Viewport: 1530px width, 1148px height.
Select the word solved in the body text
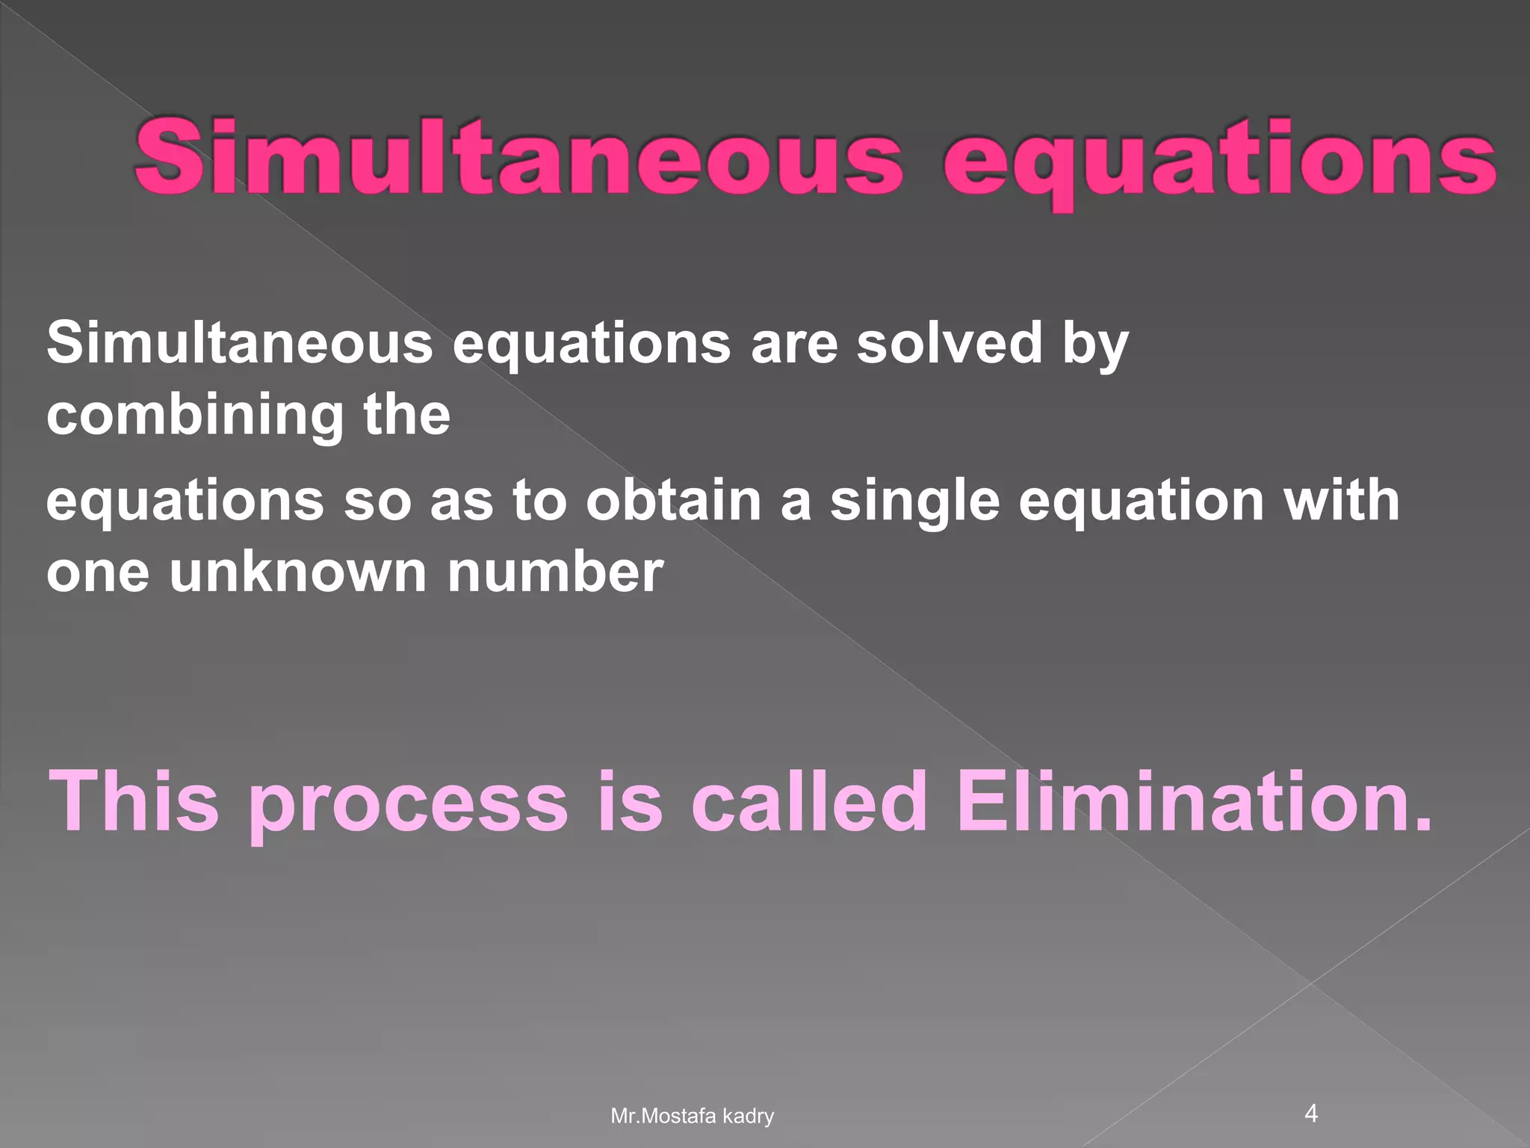[x=949, y=343]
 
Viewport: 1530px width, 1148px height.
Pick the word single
[x=914, y=502]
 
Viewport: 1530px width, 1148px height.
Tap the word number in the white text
[x=555, y=572]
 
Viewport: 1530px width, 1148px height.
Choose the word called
[x=809, y=801]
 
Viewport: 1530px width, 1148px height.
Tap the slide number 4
[x=1311, y=1114]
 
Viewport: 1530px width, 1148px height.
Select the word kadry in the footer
[x=749, y=1117]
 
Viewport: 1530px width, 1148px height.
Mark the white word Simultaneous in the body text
[x=240, y=343]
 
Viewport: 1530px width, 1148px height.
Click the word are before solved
[x=794, y=345]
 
